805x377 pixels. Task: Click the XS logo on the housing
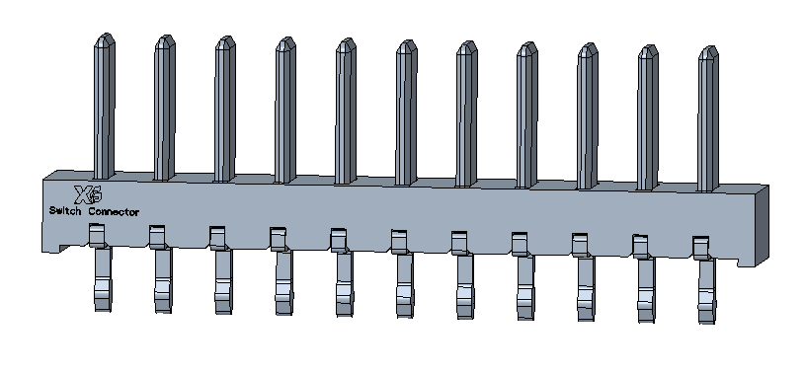click(88, 194)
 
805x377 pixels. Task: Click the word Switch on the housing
click(65, 211)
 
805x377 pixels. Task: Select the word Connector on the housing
click(114, 212)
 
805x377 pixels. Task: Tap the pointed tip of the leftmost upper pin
click(106, 35)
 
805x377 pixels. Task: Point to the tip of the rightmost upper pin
click(709, 47)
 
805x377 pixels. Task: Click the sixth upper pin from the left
click(406, 113)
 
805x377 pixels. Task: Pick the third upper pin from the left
click(225, 109)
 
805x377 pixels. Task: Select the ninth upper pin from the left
click(588, 115)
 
